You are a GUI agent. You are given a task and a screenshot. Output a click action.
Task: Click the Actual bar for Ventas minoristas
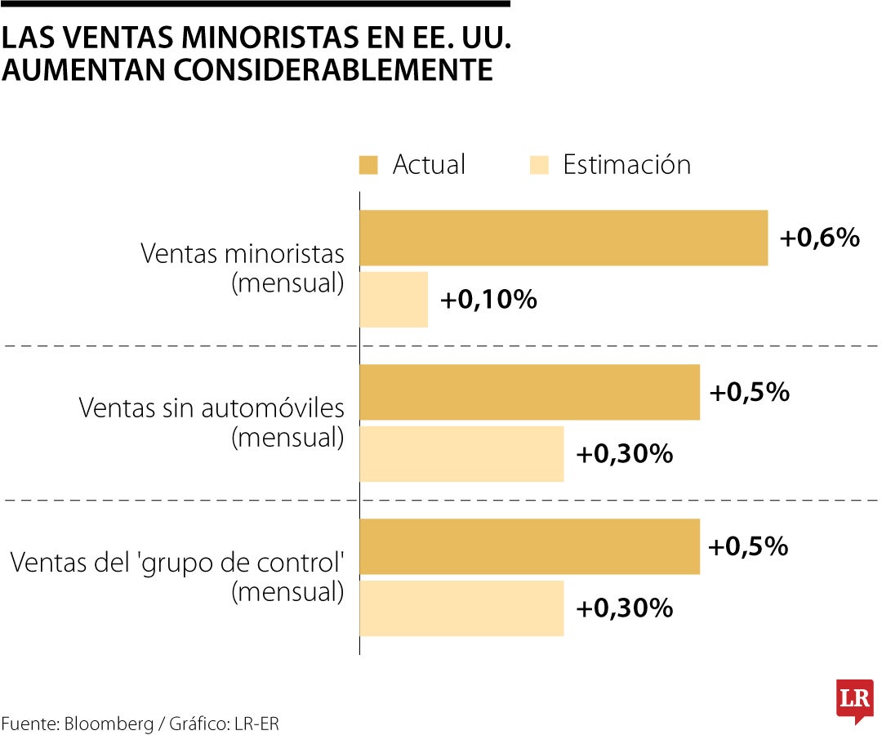[x=563, y=238]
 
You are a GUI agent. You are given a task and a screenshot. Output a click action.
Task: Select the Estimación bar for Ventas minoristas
[x=394, y=300]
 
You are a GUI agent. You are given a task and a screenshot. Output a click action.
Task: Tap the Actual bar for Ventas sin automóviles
[x=529, y=392]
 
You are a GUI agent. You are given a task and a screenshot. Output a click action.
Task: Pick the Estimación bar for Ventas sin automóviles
[x=461, y=454]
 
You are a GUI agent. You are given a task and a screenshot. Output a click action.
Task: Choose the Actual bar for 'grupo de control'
[x=529, y=546]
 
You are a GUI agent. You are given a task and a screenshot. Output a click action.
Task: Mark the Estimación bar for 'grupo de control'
[x=461, y=608]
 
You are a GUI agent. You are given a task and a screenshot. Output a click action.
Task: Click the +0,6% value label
[x=819, y=238]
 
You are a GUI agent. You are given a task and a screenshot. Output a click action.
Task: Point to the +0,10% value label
[x=488, y=300]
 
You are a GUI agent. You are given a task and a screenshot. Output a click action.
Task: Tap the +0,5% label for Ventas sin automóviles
[x=749, y=392]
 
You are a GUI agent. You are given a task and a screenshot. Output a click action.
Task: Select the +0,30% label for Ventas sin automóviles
[x=625, y=454]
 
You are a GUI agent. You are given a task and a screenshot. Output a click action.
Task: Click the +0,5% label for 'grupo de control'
[x=748, y=546]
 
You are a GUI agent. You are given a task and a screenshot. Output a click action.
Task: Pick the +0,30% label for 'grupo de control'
[x=625, y=608]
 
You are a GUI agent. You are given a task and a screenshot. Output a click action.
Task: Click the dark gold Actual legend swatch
[x=368, y=165]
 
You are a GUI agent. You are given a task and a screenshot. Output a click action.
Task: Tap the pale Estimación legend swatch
[x=538, y=165]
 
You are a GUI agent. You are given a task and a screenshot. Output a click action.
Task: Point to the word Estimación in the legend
[x=626, y=165]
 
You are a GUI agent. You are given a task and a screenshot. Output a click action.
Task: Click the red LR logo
[x=854, y=701]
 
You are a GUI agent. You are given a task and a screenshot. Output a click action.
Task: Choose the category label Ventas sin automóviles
[x=212, y=408]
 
